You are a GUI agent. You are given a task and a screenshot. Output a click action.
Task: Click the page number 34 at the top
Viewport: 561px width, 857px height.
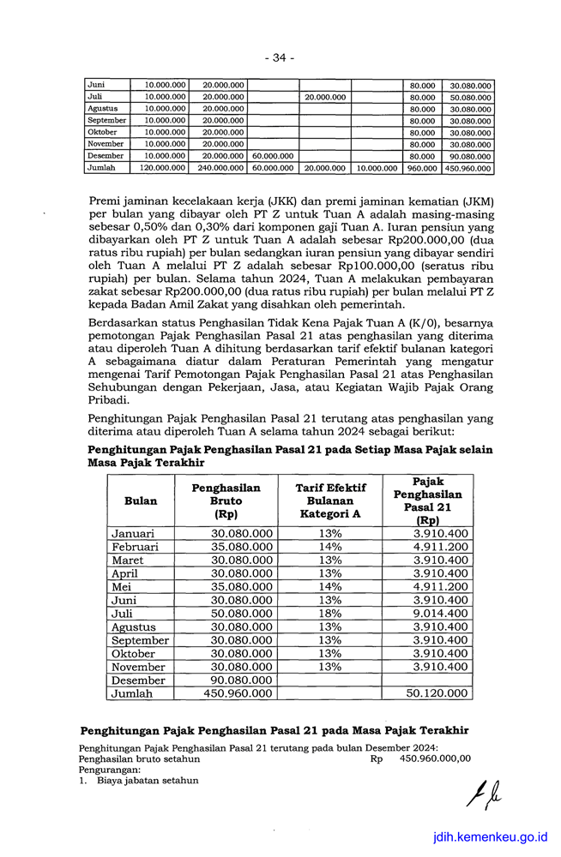[x=280, y=57]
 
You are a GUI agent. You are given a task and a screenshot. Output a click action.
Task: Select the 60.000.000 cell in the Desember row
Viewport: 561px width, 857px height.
[x=274, y=156]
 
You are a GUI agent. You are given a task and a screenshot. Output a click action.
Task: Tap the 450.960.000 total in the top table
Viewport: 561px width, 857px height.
[x=468, y=169]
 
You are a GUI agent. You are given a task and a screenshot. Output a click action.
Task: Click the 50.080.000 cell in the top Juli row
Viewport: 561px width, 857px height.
[x=469, y=97]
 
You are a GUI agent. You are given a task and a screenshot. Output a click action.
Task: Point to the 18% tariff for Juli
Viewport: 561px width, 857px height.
[x=330, y=613]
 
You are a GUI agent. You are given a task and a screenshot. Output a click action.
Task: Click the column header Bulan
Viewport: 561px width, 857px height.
[x=140, y=500]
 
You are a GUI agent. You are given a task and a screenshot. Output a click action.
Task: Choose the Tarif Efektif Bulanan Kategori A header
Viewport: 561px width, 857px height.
[x=330, y=500]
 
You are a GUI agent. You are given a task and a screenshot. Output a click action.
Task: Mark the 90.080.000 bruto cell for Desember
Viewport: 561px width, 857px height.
[x=242, y=680]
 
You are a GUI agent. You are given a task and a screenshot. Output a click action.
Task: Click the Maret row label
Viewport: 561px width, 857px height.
[x=128, y=560]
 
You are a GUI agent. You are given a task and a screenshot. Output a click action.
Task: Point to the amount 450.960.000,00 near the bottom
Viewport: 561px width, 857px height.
[x=435, y=758]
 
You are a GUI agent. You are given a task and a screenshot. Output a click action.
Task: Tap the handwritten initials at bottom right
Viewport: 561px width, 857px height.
[x=483, y=797]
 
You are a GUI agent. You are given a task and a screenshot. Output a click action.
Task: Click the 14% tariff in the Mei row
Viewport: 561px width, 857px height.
[x=330, y=586]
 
